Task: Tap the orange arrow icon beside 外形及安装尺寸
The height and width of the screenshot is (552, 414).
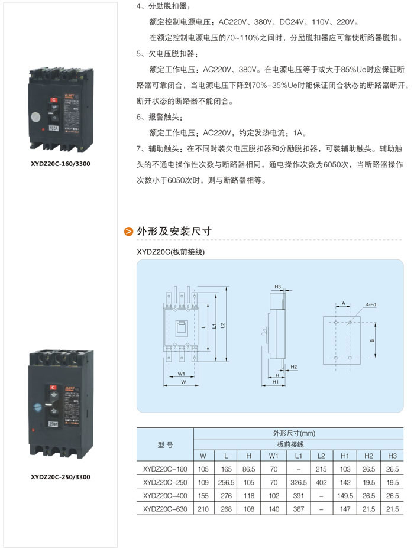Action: click(128, 232)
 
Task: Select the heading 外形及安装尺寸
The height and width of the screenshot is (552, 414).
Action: click(174, 231)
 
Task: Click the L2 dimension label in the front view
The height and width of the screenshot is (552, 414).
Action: click(222, 326)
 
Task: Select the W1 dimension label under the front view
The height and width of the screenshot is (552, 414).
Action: click(182, 374)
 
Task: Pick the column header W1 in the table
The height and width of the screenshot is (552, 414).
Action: click(274, 456)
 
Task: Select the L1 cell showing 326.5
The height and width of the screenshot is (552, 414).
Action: click(298, 482)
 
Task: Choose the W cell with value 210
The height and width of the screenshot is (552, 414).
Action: click(203, 509)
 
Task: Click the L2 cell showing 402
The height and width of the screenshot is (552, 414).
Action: click(321, 482)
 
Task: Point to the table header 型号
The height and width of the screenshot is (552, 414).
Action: click(165, 444)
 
